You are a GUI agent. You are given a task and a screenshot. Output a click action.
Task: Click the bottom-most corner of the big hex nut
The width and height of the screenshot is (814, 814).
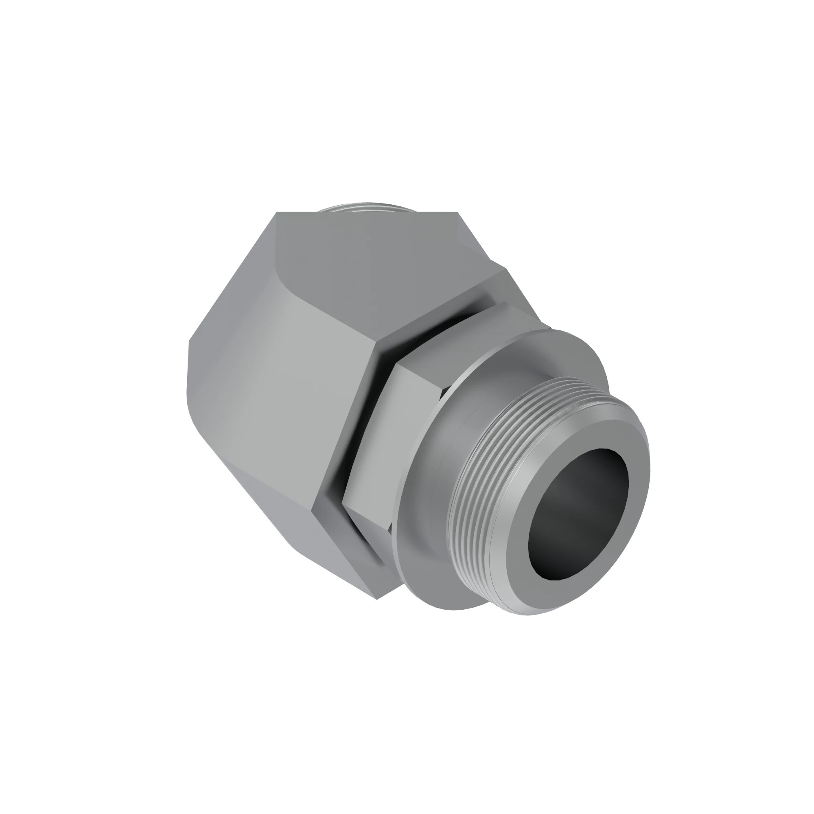click(378, 599)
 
